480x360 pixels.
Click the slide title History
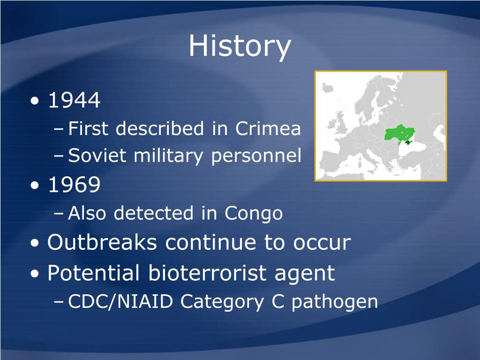240,46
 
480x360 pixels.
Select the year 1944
75,100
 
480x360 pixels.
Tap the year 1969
75,184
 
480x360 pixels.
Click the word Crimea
268,128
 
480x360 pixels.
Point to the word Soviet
97,155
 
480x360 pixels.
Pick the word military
168,156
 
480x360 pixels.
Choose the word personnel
256,156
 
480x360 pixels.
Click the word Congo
254,213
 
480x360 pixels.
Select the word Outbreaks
102,242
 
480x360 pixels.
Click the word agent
305,273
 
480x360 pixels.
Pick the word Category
222,302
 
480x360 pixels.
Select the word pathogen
335,302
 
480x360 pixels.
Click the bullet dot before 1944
35,101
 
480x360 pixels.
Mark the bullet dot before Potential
35,273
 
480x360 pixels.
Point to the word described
160,128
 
